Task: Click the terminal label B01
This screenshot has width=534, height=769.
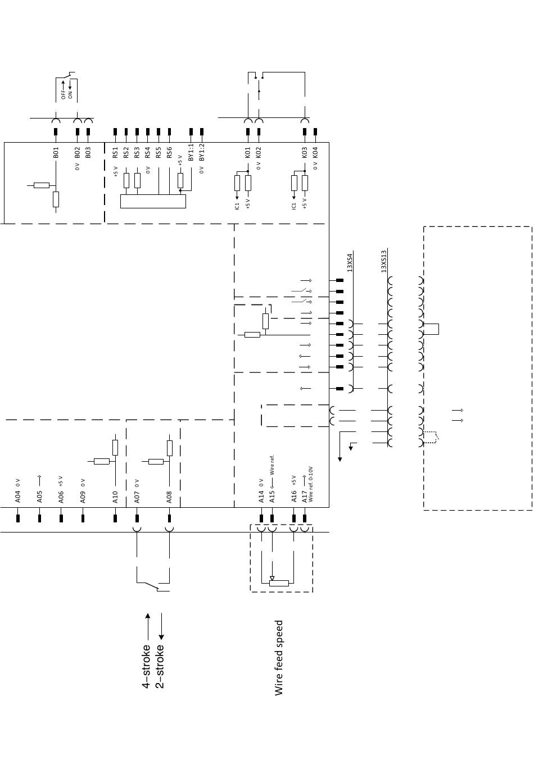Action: [56, 153]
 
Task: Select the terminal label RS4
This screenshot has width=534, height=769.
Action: [148, 153]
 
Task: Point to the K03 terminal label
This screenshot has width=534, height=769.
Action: [305, 153]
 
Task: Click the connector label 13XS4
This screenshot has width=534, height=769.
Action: [349, 262]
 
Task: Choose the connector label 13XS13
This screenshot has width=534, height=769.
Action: [384, 261]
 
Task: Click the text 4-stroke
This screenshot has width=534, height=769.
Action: [146, 667]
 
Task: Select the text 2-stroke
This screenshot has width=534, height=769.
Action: [160, 667]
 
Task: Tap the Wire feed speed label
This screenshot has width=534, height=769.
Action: [279, 658]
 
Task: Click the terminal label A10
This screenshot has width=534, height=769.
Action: [115, 497]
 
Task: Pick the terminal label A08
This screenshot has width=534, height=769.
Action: [169, 497]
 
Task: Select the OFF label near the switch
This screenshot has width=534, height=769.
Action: [63, 95]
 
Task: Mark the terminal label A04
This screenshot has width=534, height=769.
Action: [18, 497]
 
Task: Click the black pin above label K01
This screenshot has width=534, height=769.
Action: [248, 132]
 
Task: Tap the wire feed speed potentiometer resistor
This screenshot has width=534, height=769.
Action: [279, 583]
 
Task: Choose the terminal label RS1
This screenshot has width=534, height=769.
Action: [115, 153]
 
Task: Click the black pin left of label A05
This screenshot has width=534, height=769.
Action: [39, 518]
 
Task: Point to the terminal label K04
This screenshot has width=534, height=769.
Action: [315, 153]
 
